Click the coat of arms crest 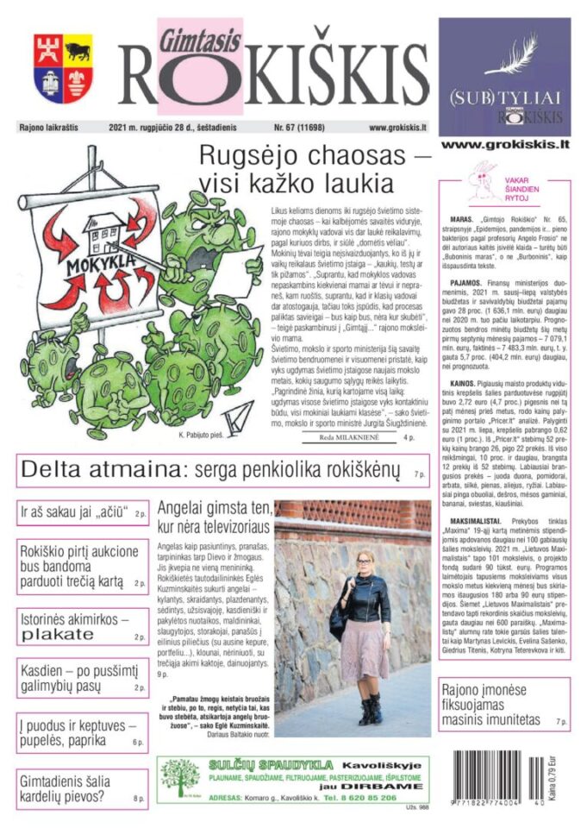[x=63, y=68]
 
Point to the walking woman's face [x=368, y=561]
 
